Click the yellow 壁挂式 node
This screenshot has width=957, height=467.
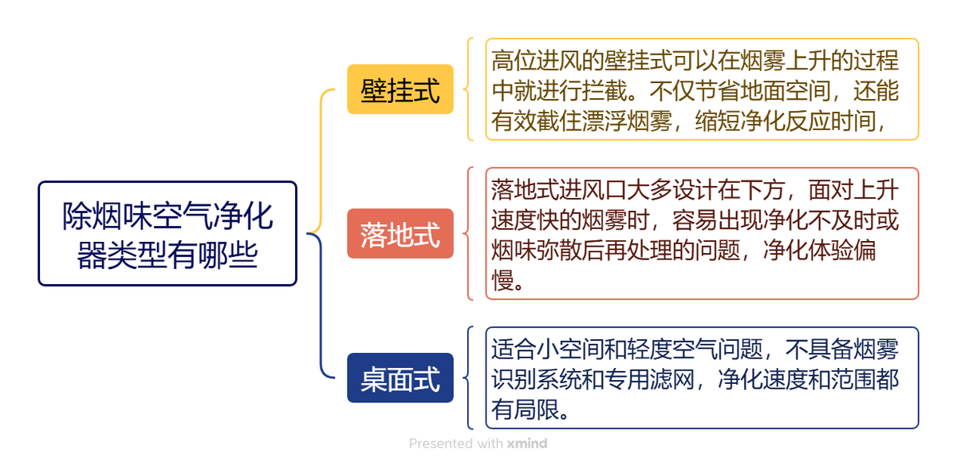point(400,89)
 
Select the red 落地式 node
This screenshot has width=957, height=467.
point(400,233)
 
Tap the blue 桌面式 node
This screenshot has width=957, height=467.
point(400,378)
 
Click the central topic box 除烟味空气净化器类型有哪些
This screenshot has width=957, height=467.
point(167,233)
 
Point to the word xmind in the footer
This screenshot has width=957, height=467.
point(527,444)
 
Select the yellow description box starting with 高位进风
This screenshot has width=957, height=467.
point(702,89)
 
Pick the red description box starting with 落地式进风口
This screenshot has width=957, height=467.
point(702,233)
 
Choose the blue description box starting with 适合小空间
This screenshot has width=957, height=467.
point(702,378)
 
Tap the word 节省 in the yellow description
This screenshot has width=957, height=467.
point(718,91)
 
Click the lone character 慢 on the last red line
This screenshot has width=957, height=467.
point(502,280)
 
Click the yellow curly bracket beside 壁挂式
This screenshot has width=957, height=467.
point(469,89)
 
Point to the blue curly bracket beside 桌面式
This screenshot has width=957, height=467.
point(469,378)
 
